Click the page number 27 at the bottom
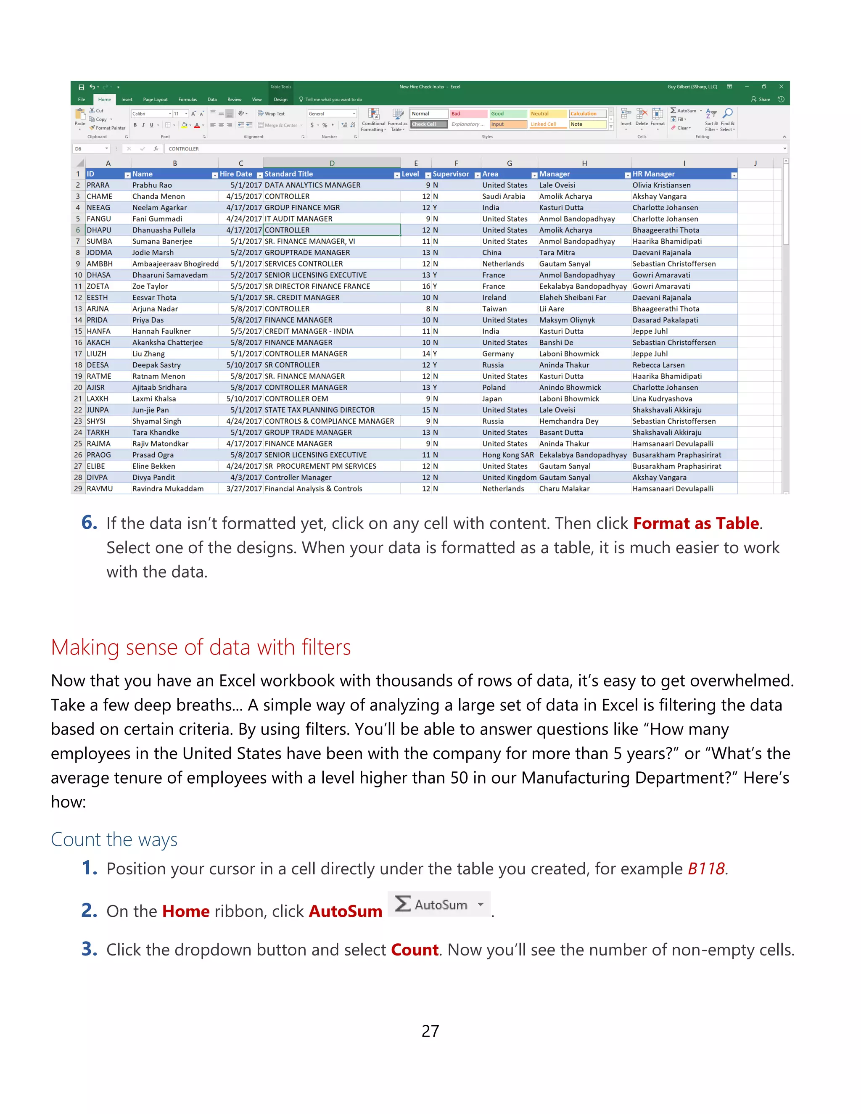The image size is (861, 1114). click(x=430, y=1031)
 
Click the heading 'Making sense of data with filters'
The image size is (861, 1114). click(x=201, y=647)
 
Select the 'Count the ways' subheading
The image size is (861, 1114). click(x=114, y=839)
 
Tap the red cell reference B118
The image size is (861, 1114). click(x=706, y=868)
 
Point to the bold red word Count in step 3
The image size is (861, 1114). click(x=414, y=949)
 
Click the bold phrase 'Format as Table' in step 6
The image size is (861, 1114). click(x=696, y=523)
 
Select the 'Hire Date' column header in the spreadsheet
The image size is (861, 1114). click(x=236, y=174)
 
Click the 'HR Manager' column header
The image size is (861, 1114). click(x=653, y=174)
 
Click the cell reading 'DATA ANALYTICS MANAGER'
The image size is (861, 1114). click(x=312, y=185)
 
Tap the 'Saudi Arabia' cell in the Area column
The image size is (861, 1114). click(x=503, y=196)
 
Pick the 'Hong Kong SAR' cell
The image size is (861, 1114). click(x=508, y=455)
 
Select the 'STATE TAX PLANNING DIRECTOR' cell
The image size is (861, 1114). click(x=320, y=410)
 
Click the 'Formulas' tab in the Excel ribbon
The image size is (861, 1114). click(x=187, y=100)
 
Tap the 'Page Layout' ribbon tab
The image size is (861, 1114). click(x=155, y=100)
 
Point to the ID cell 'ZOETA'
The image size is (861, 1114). click(x=98, y=286)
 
